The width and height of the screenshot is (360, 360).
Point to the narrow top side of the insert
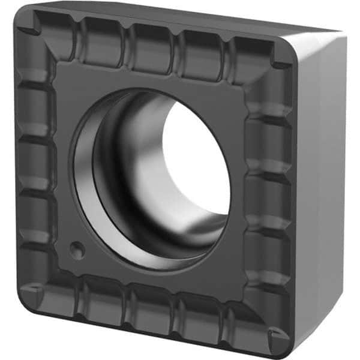tap(180, 18)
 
